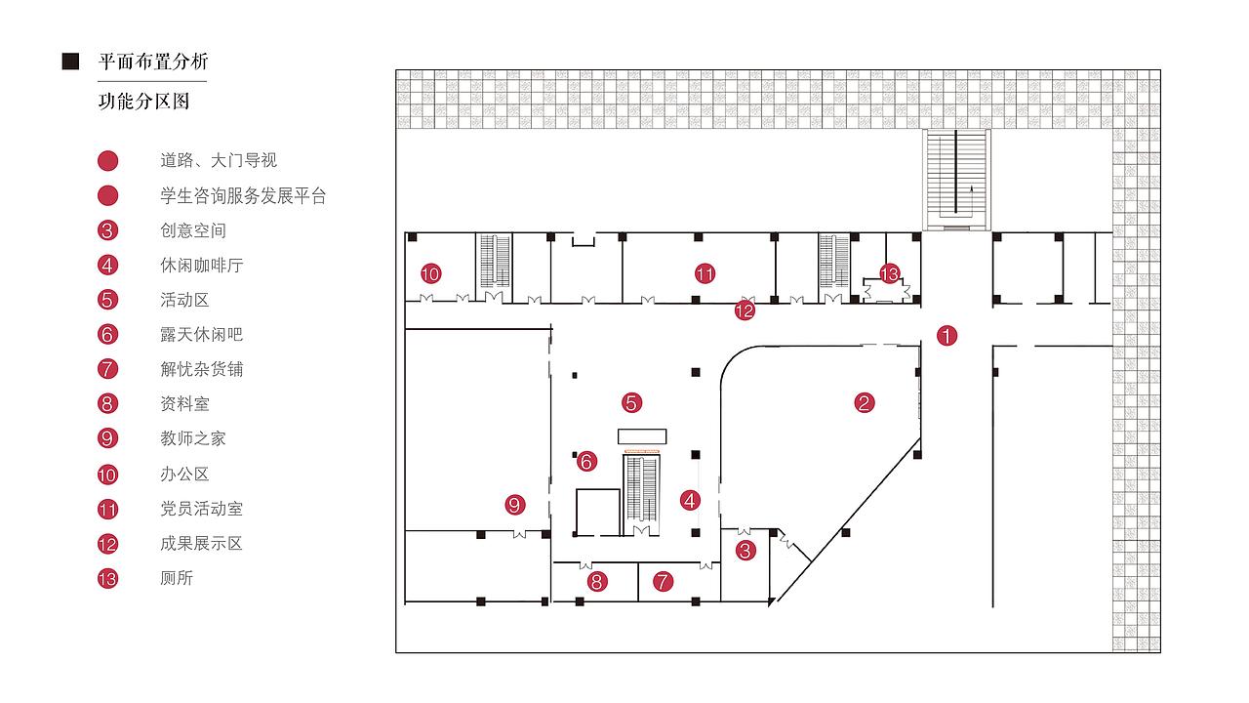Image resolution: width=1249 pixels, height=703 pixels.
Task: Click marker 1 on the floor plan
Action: pyautogui.click(x=947, y=336)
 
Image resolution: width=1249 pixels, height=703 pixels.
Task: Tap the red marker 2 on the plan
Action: pyautogui.click(x=864, y=402)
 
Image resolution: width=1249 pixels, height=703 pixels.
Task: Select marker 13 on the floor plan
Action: pyautogui.click(x=889, y=274)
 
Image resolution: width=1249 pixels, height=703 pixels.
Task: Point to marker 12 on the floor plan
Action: pyautogui.click(x=745, y=310)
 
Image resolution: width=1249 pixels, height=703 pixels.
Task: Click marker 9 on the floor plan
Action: pyautogui.click(x=515, y=505)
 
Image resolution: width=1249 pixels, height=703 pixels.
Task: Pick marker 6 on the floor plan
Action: pyautogui.click(x=586, y=461)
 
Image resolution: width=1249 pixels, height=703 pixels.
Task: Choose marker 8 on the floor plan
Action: pyautogui.click(x=597, y=583)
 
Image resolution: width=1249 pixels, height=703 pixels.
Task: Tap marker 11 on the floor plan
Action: pyautogui.click(x=705, y=274)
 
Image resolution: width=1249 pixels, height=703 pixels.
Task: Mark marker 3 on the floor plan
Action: pyautogui.click(x=745, y=551)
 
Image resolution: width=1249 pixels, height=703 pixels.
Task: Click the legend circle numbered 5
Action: pyautogui.click(x=107, y=301)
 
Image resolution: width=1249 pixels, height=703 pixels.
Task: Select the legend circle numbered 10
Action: pyautogui.click(x=107, y=476)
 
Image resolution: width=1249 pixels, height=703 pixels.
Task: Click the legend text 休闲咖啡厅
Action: pyautogui.click(x=201, y=266)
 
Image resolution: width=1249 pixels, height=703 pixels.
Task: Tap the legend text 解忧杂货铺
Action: pyautogui.click(x=201, y=369)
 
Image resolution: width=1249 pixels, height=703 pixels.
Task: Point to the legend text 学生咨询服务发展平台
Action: pyautogui.click(x=243, y=196)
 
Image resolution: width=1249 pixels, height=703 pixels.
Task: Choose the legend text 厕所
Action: pyautogui.click(x=177, y=578)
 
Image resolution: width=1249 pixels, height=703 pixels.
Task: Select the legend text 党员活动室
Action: pyautogui.click(x=201, y=509)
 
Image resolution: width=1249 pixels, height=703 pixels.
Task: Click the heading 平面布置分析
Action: pyautogui.click(x=153, y=62)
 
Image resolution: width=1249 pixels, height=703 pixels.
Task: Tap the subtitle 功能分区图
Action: pyautogui.click(x=143, y=102)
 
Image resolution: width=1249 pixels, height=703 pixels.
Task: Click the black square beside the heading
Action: pyautogui.click(x=70, y=62)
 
